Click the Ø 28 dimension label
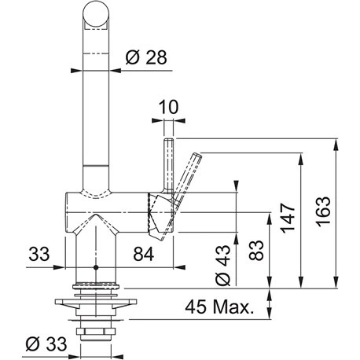click(146, 57)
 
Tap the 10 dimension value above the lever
click(168, 107)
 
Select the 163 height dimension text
click(322, 211)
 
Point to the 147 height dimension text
click(288, 218)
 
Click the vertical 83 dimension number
click(255, 250)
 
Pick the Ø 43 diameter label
click(223, 265)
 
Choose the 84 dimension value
click(144, 254)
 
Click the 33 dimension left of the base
click(39, 254)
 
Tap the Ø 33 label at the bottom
click(46, 343)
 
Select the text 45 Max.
click(219, 307)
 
